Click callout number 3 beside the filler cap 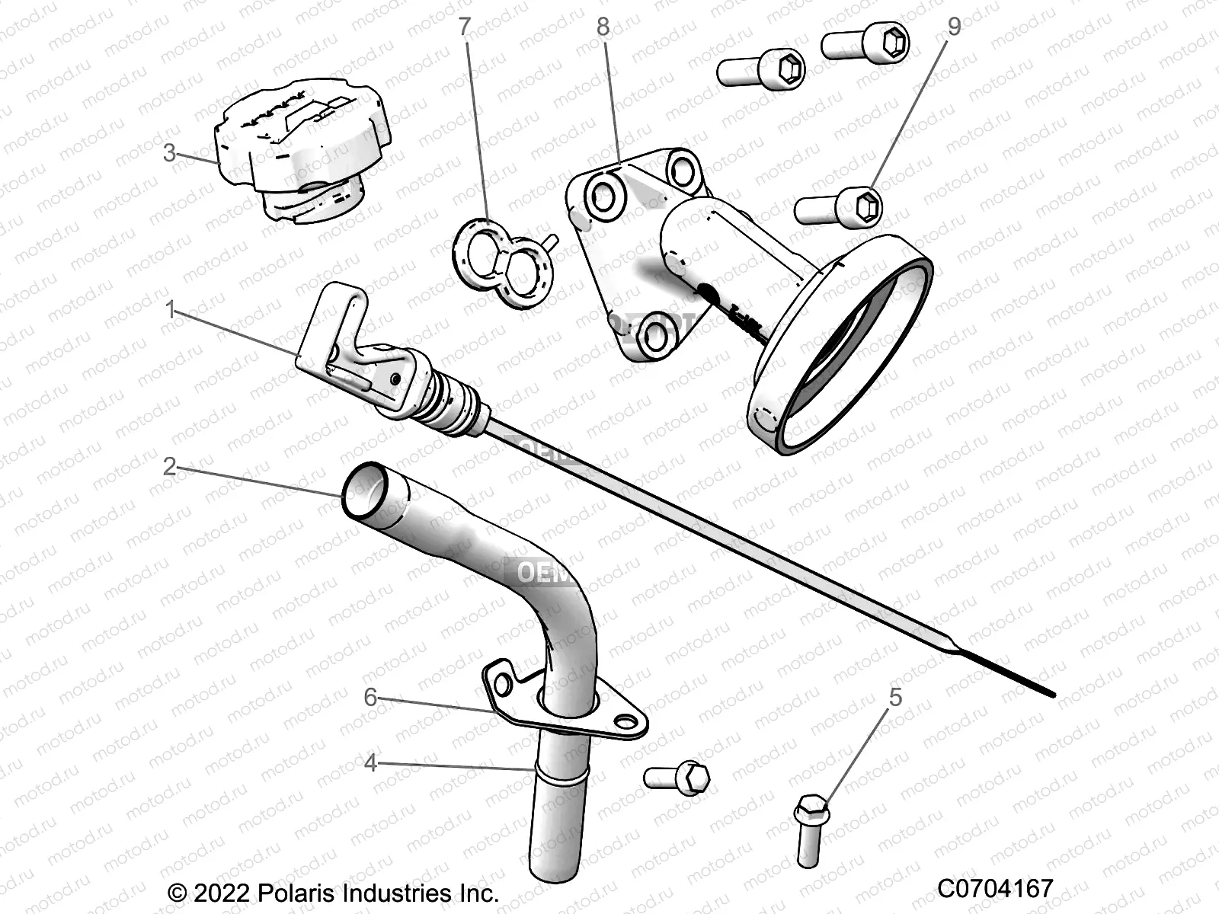170,153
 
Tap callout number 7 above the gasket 464,28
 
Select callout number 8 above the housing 603,27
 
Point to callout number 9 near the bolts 954,27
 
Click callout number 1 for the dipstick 171,309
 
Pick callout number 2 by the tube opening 169,466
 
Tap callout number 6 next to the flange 370,697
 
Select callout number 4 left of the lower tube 370,762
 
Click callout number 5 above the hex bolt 895,697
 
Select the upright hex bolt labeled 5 811,830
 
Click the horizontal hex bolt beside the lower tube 677,777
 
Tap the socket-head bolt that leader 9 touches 838,206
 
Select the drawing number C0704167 995,888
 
